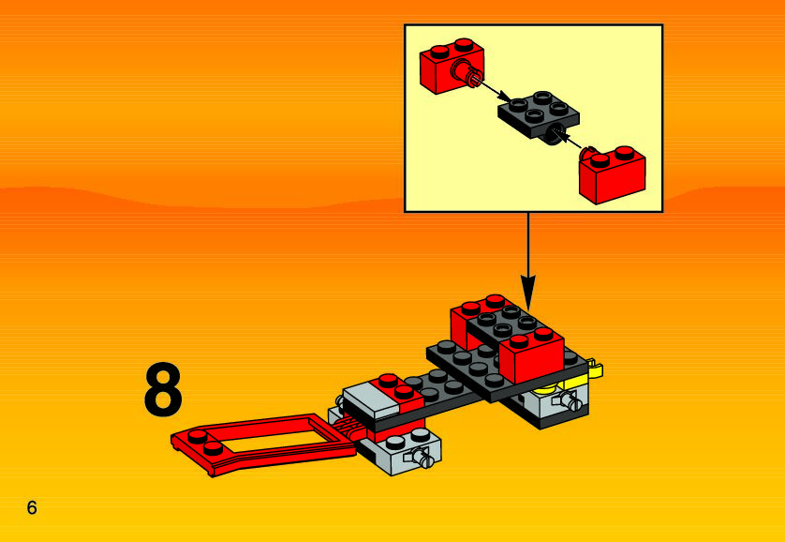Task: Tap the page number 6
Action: [x=32, y=508]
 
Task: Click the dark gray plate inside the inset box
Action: [x=539, y=114]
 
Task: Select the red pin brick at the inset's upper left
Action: [x=451, y=65]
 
